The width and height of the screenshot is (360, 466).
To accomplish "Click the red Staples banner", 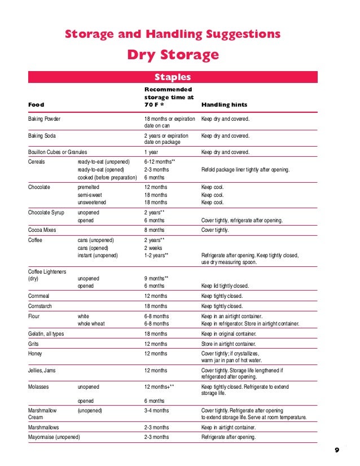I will pyautogui.click(x=173, y=77).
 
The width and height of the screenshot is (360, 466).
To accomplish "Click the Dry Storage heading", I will pyautogui.click(x=172, y=55).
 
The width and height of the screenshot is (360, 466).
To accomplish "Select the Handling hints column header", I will pyautogui.click(x=224, y=105).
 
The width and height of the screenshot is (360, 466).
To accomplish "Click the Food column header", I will pyautogui.click(x=36, y=105).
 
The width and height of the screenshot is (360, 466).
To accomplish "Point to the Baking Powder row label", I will pyautogui.click(x=45, y=119).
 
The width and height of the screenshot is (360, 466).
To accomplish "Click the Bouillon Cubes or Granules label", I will pyautogui.click(x=58, y=152).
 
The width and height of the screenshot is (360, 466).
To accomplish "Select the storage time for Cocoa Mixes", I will pyautogui.click(x=154, y=230).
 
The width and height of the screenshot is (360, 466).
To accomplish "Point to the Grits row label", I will pyautogui.click(x=34, y=344).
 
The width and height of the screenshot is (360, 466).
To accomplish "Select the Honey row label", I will pyautogui.click(x=36, y=353).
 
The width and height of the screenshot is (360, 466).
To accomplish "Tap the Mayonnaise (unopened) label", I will pyautogui.click(x=54, y=437).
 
